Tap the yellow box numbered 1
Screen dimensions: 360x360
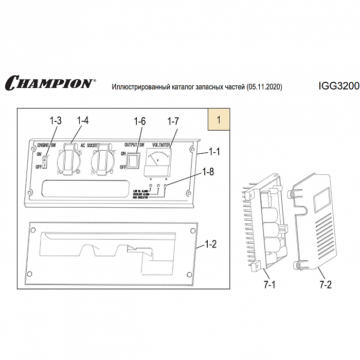tap(219, 120)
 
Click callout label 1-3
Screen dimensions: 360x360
tap(56, 121)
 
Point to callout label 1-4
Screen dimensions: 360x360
tap(82, 121)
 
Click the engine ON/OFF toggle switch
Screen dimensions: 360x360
tap(45, 163)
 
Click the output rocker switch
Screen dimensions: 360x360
tap(134, 160)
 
